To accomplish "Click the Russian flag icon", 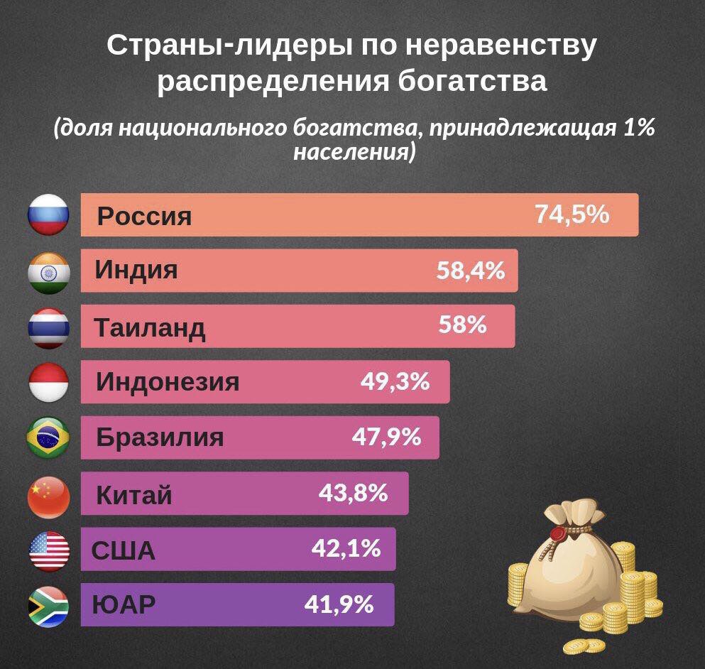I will pyautogui.click(x=48, y=215).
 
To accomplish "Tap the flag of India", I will pyautogui.click(x=48, y=271).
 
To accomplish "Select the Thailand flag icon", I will pyautogui.click(x=48, y=327).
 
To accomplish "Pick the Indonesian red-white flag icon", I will pyautogui.click(x=48, y=383).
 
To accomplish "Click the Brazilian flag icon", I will pyautogui.click(x=48, y=438).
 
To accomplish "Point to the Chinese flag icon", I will pyautogui.click(x=48, y=494).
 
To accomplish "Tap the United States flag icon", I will pyautogui.click(x=48, y=550).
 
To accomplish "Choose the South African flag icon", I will pyautogui.click(x=48, y=607).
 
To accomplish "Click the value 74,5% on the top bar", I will pyautogui.click(x=572, y=214).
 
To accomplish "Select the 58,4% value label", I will pyautogui.click(x=470, y=270).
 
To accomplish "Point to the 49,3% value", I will pyautogui.click(x=395, y=381).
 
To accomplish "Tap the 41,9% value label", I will pyautogui.click(x=339, y=604).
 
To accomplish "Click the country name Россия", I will pyautogui.click(x=144, y=216).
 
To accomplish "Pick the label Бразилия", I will pyautogui.click(x=160, y=437).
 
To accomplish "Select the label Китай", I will pyautogui.click(x=133, y=494).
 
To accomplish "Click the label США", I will pyautogui.click(x=124, y=550).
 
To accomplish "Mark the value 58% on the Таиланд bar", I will pyautogui.click(x=462, y=325).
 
